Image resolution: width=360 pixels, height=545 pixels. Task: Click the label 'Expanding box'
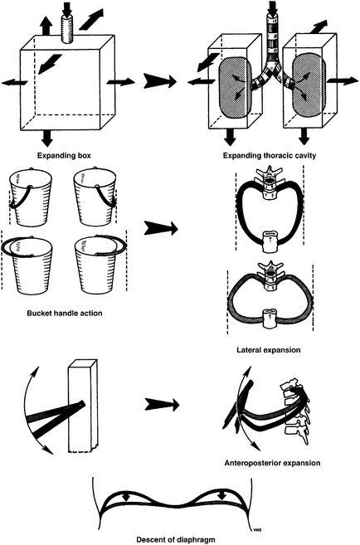pos(65,155)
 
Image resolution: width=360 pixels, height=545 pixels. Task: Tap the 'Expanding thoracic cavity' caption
pos(270,155)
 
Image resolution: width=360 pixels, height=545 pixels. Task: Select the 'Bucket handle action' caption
pos(65,313)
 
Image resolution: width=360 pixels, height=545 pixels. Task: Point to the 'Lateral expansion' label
pos(269,349)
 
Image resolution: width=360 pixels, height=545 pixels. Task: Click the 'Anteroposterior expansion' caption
pos(272,463)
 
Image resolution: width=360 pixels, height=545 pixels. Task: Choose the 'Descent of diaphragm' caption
pos(176,539)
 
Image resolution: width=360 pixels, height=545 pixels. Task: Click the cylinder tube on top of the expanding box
pos(68,30)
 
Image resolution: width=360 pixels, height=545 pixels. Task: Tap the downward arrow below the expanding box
pos(47,139)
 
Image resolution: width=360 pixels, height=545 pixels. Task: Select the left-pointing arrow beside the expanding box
pos(15,83)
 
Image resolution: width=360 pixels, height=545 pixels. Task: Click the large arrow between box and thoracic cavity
pos(160,81)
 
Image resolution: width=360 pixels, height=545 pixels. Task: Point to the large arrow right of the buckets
pos(161,229)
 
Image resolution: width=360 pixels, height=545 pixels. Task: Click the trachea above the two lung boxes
pos(272,38)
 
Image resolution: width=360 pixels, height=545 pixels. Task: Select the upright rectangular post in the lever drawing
pos(83,406)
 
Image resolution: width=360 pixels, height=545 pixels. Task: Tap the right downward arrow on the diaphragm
pos(222,496)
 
